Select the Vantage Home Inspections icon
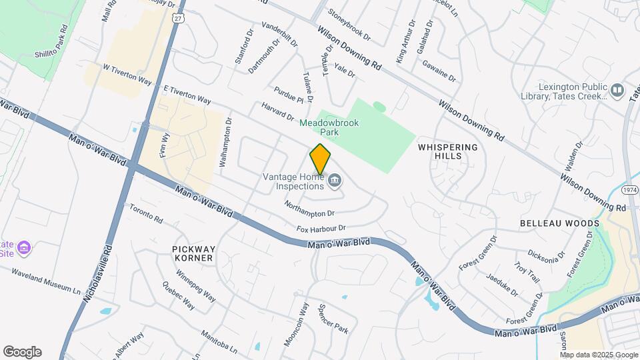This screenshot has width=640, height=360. pos(335,179)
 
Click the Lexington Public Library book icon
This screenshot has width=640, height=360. pos(617,89)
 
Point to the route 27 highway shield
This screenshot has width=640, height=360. pos(177,19)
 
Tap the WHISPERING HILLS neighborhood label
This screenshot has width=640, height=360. pos(448,151)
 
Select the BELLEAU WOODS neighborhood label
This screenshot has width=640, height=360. pos(556,223)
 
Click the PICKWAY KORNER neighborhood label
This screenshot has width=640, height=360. pos(193,253)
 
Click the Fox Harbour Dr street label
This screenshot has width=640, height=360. pos(321,229)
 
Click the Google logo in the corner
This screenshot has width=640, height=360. pos(22,352)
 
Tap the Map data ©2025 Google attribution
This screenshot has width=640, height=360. pos(599,355)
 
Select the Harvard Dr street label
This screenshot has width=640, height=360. pos(277,111)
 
